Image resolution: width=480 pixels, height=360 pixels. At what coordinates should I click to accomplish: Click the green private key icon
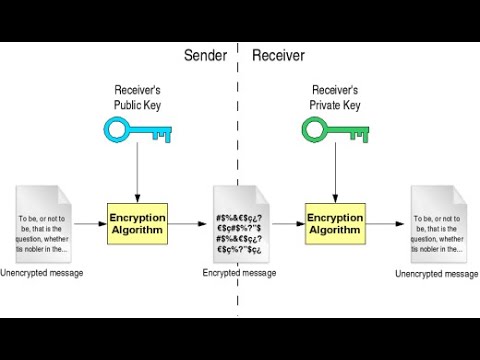coord(334,131)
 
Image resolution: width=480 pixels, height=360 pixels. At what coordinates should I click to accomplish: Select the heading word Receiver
coord(279,56)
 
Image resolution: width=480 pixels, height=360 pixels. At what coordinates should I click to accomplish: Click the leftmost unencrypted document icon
coord(41,224)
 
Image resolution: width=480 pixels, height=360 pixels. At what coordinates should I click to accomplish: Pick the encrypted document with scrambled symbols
coord(238,224)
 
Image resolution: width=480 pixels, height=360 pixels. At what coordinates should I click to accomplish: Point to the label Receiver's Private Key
coord(335,98)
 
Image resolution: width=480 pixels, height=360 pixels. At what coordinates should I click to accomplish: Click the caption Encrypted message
coord(238,271)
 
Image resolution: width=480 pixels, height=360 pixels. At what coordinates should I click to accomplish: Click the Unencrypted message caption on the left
coord(41,273)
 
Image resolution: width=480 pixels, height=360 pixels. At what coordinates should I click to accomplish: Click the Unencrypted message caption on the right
coord(436,273)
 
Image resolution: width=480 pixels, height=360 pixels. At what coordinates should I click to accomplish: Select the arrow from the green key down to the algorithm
coord(335,175)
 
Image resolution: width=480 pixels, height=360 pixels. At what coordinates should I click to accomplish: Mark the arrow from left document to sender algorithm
coord(89,224)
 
